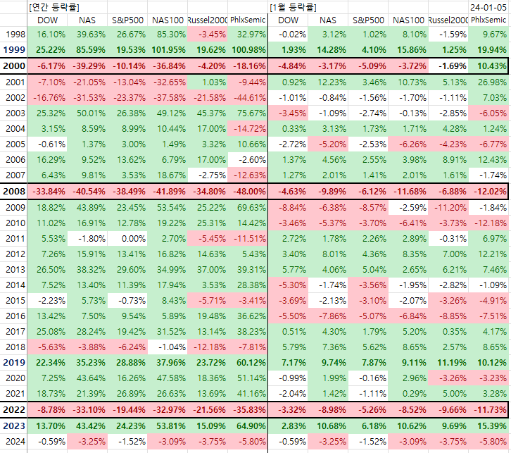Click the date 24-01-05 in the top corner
click(x=488, y=7)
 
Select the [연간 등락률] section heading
click(x=54, y=7)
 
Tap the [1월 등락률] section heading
click(x=293, y=7)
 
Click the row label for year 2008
click(x=14, y=192)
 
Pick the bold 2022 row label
click(x=14, y=409)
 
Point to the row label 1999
click(x=14, y=50)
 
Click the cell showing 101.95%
click(x=168, y=50)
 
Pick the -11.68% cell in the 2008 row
click(x=410, y=192)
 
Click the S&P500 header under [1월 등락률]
click(x=368, y=20)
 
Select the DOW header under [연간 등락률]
click(x=48, y=20)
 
